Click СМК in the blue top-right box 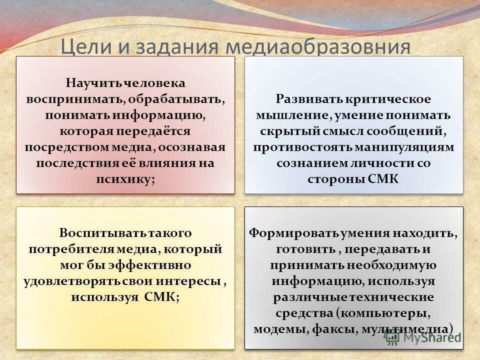tap(383, 179)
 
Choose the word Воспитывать tap(94, 233)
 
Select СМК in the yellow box tap(162, 297)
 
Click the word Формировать tap(291, 233)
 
